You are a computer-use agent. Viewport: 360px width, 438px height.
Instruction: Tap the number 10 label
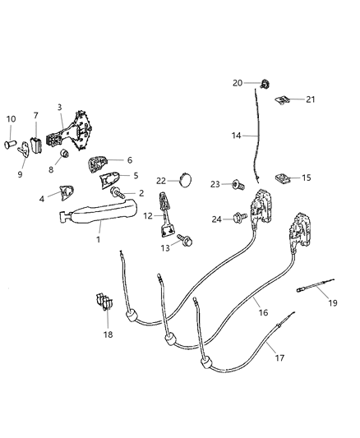[x=12, y=120]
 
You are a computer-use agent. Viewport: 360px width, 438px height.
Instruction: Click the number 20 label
[x=237, y=83]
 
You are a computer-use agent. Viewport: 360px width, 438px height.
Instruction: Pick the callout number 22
[x=161, y=180]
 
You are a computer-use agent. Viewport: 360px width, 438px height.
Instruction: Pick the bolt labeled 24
[x=242, y=218]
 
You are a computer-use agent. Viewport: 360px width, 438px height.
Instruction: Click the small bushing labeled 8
[x=62, y=154]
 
